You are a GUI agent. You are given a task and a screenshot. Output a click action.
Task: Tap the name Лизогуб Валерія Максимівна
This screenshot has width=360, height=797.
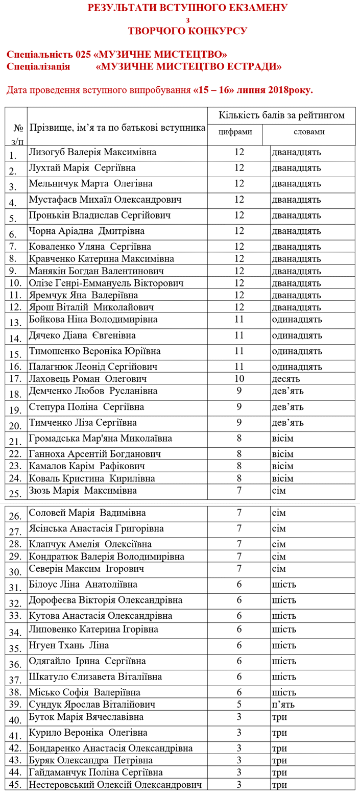point(93,152)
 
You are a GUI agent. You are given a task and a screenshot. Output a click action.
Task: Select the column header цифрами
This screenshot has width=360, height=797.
point(235,132)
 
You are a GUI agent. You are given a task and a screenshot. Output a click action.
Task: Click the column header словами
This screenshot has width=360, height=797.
point(309,132)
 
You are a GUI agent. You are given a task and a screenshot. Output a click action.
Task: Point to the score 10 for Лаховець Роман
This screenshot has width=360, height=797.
point(239,379)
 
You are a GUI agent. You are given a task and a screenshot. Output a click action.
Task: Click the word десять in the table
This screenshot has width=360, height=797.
point(286,379)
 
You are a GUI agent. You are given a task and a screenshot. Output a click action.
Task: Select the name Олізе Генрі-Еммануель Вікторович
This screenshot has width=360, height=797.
point(106,283)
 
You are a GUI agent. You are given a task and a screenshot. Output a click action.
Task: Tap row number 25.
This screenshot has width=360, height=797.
point(15,493)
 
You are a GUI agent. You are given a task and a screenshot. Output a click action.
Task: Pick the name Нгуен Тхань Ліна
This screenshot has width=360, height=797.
point(69,645)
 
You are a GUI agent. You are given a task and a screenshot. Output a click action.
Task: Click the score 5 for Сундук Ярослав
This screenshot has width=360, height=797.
point(239,704)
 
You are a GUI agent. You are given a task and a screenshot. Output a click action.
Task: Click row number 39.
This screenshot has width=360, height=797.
point(16,705)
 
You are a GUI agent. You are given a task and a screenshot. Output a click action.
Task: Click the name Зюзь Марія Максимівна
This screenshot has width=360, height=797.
point(83,491)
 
